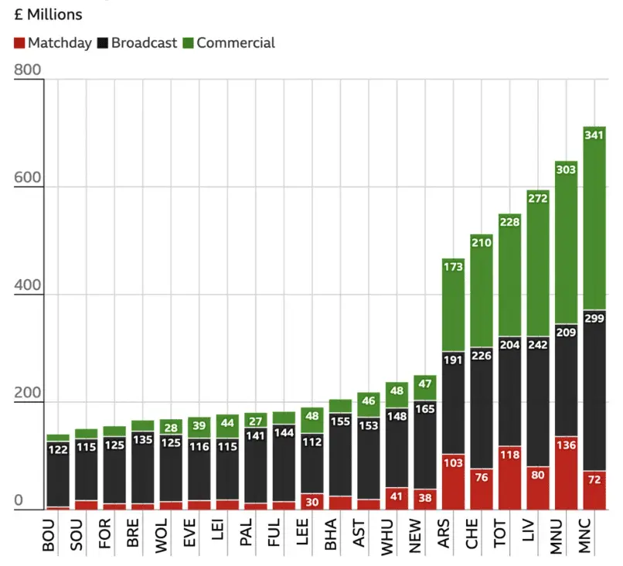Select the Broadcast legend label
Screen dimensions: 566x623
144,43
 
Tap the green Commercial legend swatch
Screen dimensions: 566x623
189,43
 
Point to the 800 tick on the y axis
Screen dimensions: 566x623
27,70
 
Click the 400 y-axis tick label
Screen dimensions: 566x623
27,295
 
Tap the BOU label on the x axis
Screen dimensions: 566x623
51,535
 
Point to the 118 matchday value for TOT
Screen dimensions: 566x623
509,456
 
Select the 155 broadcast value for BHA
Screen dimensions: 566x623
339,421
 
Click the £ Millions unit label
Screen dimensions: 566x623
48,15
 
